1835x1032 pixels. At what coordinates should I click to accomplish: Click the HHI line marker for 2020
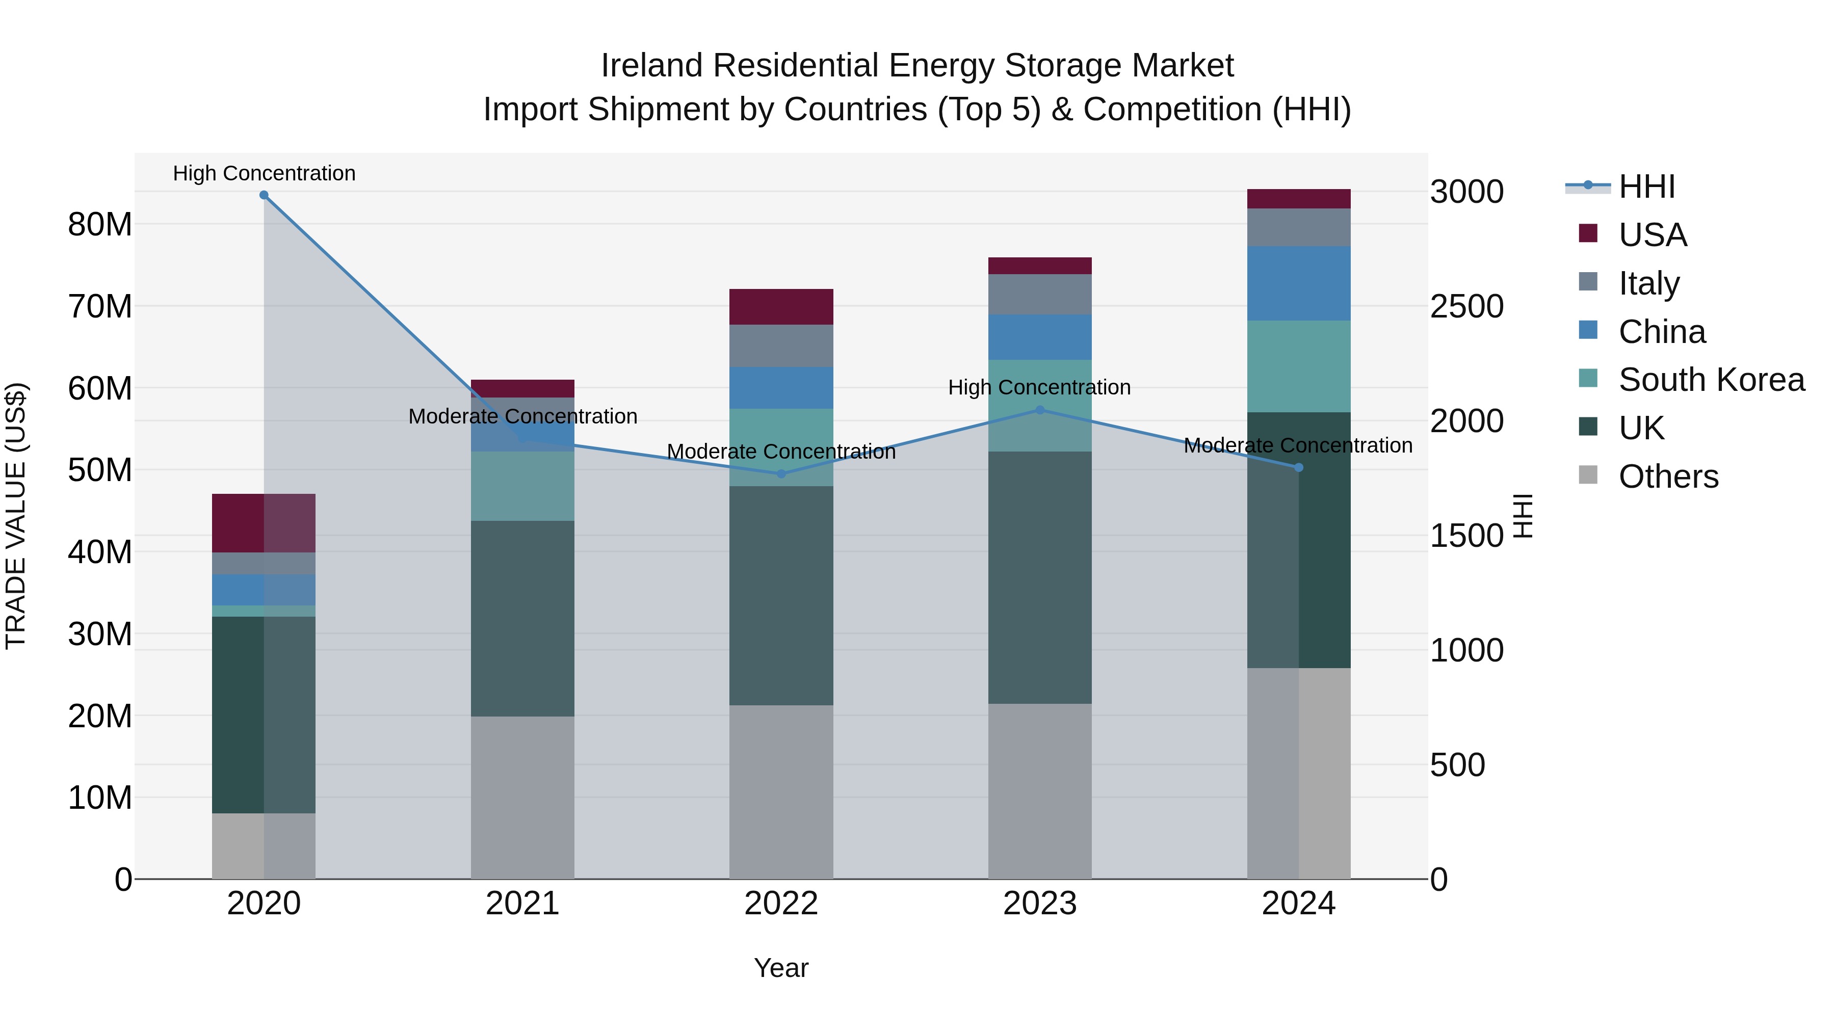[264, 195]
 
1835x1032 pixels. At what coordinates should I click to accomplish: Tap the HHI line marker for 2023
[1039, 410]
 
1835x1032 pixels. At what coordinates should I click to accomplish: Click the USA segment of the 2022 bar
[781, 307]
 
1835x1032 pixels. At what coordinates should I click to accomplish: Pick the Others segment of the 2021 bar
[522, 798]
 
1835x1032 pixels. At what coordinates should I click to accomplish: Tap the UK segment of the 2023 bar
[1039, 577]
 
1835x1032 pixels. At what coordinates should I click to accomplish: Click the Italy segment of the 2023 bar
[1039, 294]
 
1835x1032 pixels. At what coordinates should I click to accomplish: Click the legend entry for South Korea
[1711, 380]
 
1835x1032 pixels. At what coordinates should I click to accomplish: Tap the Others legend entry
[1668, 477]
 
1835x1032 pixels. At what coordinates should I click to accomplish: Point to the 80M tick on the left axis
[100, 224]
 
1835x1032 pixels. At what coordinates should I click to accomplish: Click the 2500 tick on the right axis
[1466, 306]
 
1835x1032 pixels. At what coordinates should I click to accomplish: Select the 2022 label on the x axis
[781, 904]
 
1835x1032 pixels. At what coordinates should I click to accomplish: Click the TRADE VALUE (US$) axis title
[16, 516]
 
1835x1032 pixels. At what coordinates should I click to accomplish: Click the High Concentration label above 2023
[1039, 387]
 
